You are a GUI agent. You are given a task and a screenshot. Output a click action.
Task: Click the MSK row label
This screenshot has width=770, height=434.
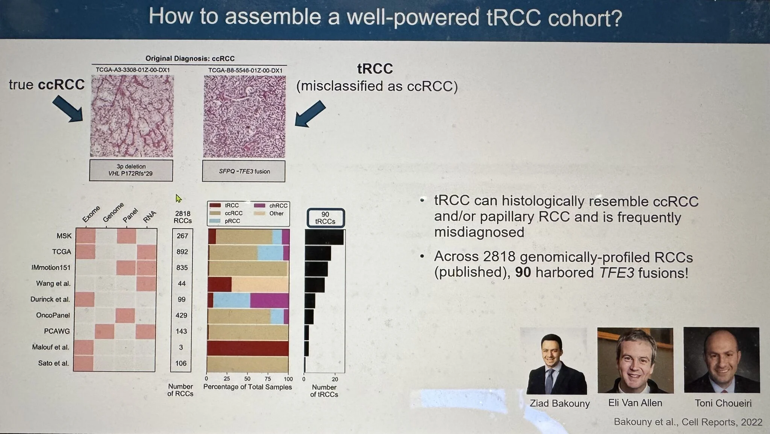(64, 236)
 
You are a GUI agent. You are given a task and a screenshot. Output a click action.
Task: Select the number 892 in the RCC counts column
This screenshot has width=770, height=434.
(182, 252)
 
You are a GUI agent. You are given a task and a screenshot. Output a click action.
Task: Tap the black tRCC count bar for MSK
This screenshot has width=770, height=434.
(324, 237)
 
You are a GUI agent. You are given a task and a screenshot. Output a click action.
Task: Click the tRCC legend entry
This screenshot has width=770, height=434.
(224, 205)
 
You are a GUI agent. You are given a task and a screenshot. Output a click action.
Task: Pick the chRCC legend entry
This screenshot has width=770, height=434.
(271, 205)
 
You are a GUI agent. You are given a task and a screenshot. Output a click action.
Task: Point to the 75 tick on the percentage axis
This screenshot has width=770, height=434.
(268, 378)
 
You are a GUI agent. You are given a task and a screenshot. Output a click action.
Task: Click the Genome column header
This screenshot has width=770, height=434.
(113, 212)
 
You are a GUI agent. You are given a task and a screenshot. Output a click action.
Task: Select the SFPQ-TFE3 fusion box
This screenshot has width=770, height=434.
(244, 171)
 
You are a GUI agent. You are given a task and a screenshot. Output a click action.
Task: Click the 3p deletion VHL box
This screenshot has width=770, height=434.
(131, 170)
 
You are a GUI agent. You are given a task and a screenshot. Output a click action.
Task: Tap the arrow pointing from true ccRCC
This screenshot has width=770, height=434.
(68, 108)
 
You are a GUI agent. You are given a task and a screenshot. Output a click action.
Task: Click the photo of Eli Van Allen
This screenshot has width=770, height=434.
(635, 360)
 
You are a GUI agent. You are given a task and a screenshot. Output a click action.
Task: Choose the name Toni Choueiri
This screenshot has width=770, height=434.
(723, 403)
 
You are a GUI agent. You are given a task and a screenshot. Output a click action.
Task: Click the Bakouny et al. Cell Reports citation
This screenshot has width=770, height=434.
(688, 422)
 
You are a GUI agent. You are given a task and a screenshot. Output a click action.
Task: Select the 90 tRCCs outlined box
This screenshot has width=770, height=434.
(326, 218)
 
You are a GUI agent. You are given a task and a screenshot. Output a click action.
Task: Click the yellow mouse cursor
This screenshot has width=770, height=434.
(178, 198)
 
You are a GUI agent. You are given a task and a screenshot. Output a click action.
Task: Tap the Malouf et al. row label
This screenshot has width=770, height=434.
(50, 347)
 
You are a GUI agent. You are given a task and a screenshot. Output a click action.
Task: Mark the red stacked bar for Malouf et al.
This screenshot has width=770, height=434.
(248, 348)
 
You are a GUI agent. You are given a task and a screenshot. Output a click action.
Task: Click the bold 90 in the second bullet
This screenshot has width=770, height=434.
(523, 272)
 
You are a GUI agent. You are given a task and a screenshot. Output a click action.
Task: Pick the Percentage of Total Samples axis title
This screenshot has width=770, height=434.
(247, 387)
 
